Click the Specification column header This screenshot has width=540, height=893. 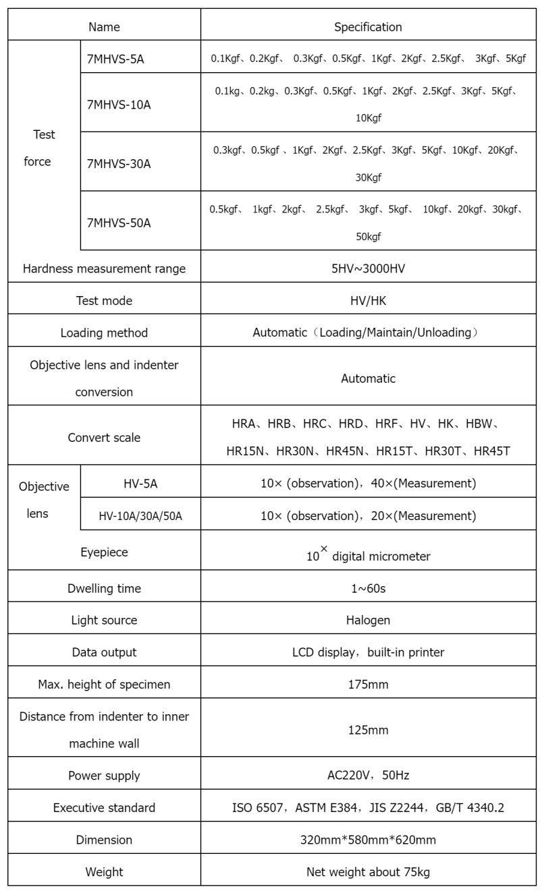[368, 27]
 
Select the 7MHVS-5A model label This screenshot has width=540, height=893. [115, 59]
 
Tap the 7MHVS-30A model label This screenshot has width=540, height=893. [119, 163]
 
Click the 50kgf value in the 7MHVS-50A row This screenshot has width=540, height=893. [369, 237]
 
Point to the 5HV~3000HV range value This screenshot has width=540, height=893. [368, 268]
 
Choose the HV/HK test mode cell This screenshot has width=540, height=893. [368, 301]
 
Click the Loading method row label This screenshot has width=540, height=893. [104, 333]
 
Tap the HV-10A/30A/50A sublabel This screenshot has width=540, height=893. [140, 516]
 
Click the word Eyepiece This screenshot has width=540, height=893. [104, 552]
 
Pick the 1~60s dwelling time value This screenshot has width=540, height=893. [368, 588]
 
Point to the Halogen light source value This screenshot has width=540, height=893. [368, 620]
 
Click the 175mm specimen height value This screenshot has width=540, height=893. [368, 685]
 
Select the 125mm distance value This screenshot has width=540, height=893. [368, 730]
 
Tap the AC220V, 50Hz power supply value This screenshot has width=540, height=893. [368, 776]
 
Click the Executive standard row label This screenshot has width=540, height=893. [104, 807]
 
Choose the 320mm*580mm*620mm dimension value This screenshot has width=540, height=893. [368, 840]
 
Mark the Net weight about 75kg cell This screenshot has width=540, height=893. [368, 871]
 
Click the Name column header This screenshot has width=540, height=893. [104, 27]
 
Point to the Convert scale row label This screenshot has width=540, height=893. [104, 437]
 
